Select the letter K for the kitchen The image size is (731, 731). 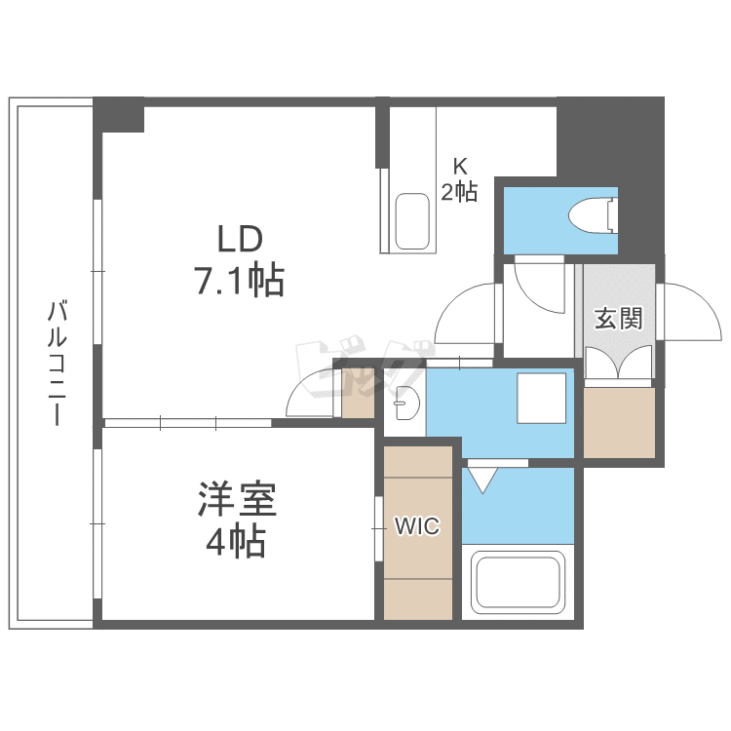(460, 166)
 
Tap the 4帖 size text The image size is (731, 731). (236, 543)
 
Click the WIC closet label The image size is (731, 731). (417, 527)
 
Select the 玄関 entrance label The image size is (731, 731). (618, 318)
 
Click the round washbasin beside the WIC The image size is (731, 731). (405, 400)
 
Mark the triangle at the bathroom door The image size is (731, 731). (482, 479)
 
